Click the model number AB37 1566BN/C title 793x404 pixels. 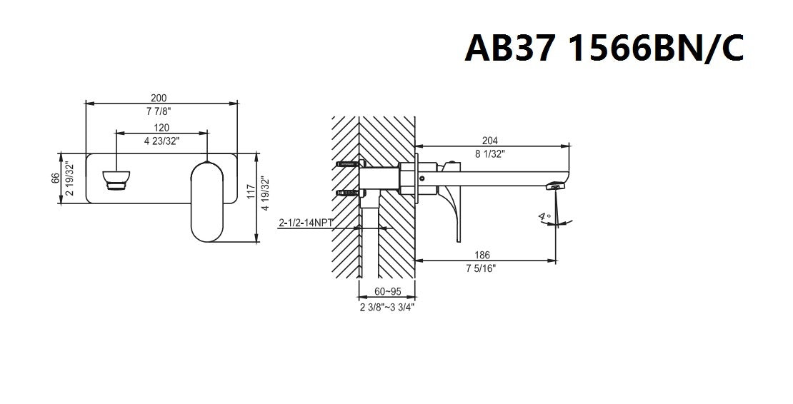point(604,48)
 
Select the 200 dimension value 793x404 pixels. point(159,98)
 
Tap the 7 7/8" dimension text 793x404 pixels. point(159,111)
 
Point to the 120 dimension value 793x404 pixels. point(162,128)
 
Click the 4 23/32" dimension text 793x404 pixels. point(162,141)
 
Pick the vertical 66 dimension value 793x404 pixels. point(56,178)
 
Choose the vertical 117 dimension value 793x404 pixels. point(251,191)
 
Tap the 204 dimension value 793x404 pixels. point(489,141)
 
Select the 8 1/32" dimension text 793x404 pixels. point(489,154)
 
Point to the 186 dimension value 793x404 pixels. point(482,256)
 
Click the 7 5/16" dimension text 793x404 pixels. point(481,268)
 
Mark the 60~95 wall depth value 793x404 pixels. point(388,291)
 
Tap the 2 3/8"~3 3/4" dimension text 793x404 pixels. point(387,307)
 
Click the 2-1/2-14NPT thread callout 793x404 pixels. point(306,223)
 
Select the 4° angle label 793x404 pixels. point(544,217)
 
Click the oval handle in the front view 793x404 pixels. point(207,201)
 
